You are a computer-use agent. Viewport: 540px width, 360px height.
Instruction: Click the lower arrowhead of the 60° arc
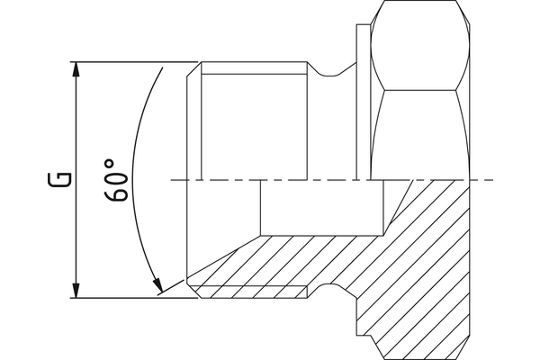[x=159, y=288]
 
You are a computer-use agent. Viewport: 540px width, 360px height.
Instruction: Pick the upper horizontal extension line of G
[x=135, y=62]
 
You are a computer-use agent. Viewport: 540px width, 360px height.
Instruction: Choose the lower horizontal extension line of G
[x=135, y=297]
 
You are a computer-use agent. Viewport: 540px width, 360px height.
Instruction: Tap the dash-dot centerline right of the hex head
[x=481, y=181]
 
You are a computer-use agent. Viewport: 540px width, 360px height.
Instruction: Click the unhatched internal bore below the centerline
[x=324, y=207]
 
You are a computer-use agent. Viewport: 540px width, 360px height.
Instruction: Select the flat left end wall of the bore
[x=261, y=207]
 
